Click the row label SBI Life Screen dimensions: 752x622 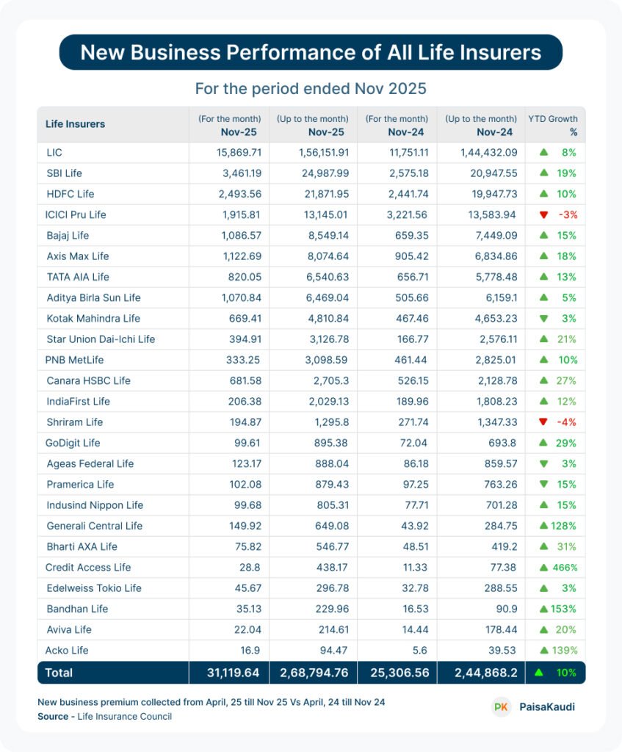pos(64,173)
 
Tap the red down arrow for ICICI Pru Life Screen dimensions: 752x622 pos(543,214)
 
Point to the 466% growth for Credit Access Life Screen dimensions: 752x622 pos(563,567)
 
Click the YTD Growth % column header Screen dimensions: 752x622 pos(554,124)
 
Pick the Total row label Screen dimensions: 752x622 pos(59,672)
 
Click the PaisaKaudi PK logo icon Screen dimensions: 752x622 pos(502,706)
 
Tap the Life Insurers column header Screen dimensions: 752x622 pos(75,124)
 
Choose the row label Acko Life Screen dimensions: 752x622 pos(67,650)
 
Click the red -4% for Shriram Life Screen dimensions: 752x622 pos(568,422)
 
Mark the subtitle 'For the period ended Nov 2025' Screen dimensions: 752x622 pos(311,89)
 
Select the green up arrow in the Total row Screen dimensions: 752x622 pos(540,672)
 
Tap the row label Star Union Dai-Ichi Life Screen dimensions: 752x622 pos(101,339)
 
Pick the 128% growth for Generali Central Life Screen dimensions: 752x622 pos(563,526)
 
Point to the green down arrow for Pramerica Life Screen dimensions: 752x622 pos(543,485)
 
